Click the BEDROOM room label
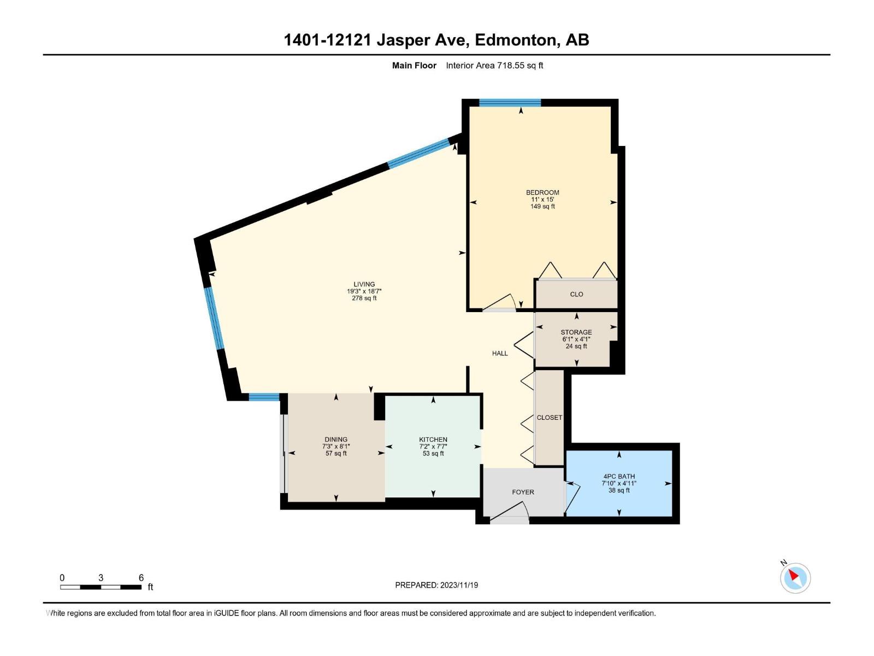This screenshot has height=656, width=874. point(542,192)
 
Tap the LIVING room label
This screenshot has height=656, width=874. point(364,284)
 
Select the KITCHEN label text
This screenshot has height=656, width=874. point(433,440)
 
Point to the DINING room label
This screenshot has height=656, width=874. point(336,440)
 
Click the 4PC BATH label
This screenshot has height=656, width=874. point(619,476)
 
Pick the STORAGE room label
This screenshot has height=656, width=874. point(576,332)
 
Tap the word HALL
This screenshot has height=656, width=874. point(500,354)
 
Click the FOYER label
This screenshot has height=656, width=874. point(523,492)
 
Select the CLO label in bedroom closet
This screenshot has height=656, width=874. point(576,294)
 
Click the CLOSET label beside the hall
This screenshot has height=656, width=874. point(549,418)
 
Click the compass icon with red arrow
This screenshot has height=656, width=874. point(795,578)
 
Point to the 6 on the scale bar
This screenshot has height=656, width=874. point(141,578)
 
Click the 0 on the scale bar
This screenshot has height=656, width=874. point(62,578)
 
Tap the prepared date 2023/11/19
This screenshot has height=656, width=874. point(459,585)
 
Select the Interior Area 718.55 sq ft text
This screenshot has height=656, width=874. point(494,66)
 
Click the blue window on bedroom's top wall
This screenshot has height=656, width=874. point(510,102)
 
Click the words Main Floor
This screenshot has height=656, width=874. point(414,66)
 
